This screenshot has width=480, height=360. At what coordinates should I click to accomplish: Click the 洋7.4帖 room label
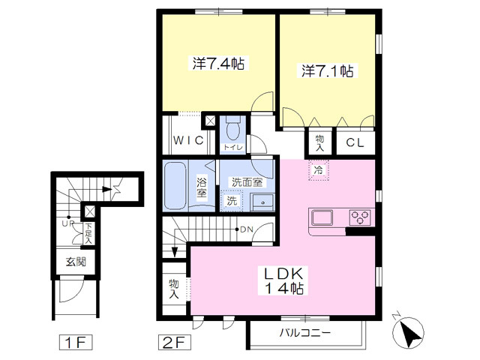pyautogui.click(x=218, y=64)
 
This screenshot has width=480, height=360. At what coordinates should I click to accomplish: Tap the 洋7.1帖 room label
pyautogui.click(x=328, y=71)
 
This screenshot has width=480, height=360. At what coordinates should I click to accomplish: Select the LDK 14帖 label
pyautogui.click(x=284, y=280)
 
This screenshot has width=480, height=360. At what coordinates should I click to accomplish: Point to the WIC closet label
pyautogui.click(x=188, y=140)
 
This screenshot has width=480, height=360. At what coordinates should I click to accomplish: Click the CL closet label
pyautogui.click(x=355, y=142)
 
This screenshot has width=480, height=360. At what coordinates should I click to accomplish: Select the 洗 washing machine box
pyautogui.click(x=232, y=201)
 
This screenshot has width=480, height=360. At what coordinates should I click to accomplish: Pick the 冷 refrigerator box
pyautogui.click(x=318, y=170)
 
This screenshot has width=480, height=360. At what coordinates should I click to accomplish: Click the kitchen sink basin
pyautogui.click(x=322, y=218)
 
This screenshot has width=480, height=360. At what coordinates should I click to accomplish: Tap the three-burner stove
pyautogui.click(x=360, y=217)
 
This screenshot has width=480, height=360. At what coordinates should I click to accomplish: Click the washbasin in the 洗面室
pyautogui.click(x=262, y=202)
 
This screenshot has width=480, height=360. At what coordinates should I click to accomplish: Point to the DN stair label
pyautogui.click(x=247, y=229)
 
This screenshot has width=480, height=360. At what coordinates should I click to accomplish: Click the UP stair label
pyautogui.click(x=68, y=223)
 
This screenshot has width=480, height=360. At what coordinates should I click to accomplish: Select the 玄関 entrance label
pyautogui.click(x=76, y=262)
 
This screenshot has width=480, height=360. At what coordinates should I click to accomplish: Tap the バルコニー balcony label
pyautogui.click(x=305, y=333)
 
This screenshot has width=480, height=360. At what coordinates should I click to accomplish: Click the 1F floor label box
pyautogui.click(x=76, y=343)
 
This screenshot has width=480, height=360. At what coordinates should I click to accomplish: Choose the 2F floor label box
pyautogui.click(x=175, y=343)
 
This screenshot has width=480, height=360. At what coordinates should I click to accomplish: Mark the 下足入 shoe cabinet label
pyautogui.click(x=88, y=234)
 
